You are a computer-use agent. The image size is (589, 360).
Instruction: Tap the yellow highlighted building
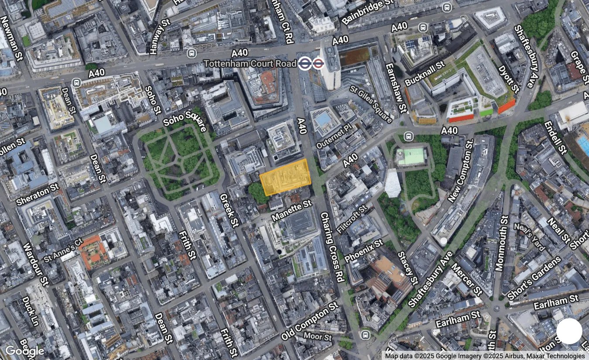click(x=285, y=177)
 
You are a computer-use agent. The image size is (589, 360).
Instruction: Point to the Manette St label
click(x=291, y=210)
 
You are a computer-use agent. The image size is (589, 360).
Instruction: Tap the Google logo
click(x=24, y=351)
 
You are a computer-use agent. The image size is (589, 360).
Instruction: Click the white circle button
click(x=569, y=331)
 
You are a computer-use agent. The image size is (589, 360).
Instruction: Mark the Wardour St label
click(x=36, y=264)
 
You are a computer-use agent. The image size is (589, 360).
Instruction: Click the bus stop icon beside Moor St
click(x=366, y=335)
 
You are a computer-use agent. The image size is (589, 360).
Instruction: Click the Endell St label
click(x=555, y=137)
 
